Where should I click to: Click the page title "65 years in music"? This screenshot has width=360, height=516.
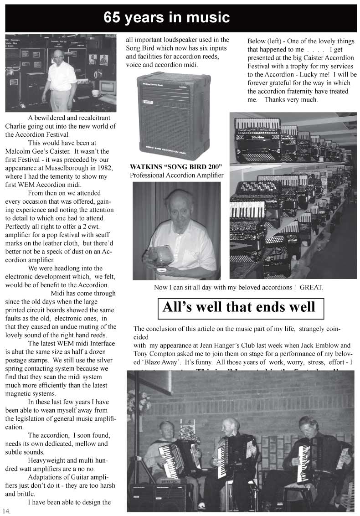166,18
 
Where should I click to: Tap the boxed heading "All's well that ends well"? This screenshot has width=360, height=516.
239,307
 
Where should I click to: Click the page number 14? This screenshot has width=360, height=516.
6,511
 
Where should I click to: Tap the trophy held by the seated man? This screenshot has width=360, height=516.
160,256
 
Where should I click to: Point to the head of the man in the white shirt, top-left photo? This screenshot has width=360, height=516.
57,56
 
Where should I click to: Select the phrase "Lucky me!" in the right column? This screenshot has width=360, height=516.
313,75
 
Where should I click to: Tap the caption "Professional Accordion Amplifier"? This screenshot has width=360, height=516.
176,175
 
